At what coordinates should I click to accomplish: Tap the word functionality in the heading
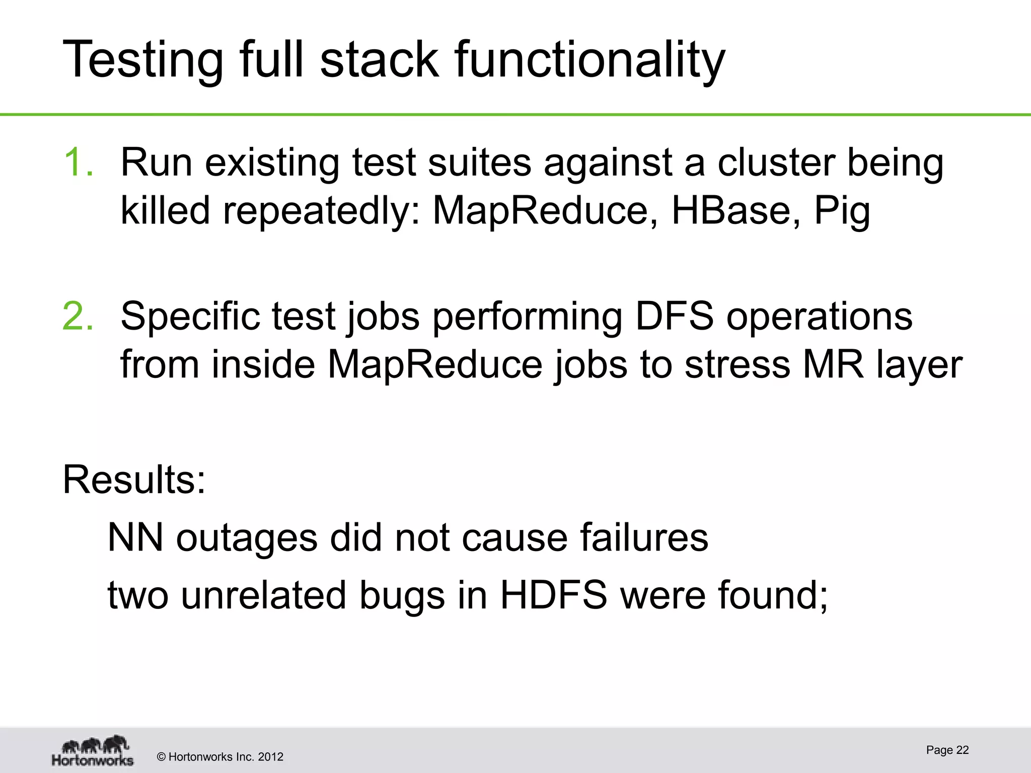pyautogui.click(x=590, y=60)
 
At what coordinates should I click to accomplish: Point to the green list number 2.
pyautogui.click(x=79, y=316)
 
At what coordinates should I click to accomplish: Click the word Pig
pyautogui.click(x=842, y=211)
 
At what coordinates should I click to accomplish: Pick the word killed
pyautogui.click(x=165, y=210)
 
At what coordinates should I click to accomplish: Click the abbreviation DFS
pyautogui.click(x=674, y=316)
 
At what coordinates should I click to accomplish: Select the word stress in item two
pyautogui.click(x=738, y=364)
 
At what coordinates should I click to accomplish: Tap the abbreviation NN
pyautogui.click(x=135, y=537)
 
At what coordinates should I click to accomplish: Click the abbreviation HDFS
pyautogui.click(x=554, y=595)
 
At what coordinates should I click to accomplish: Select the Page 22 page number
pyautogui.click(x=947, y=750)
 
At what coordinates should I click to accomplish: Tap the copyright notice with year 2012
pyautogui.click(x=220, y=757)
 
